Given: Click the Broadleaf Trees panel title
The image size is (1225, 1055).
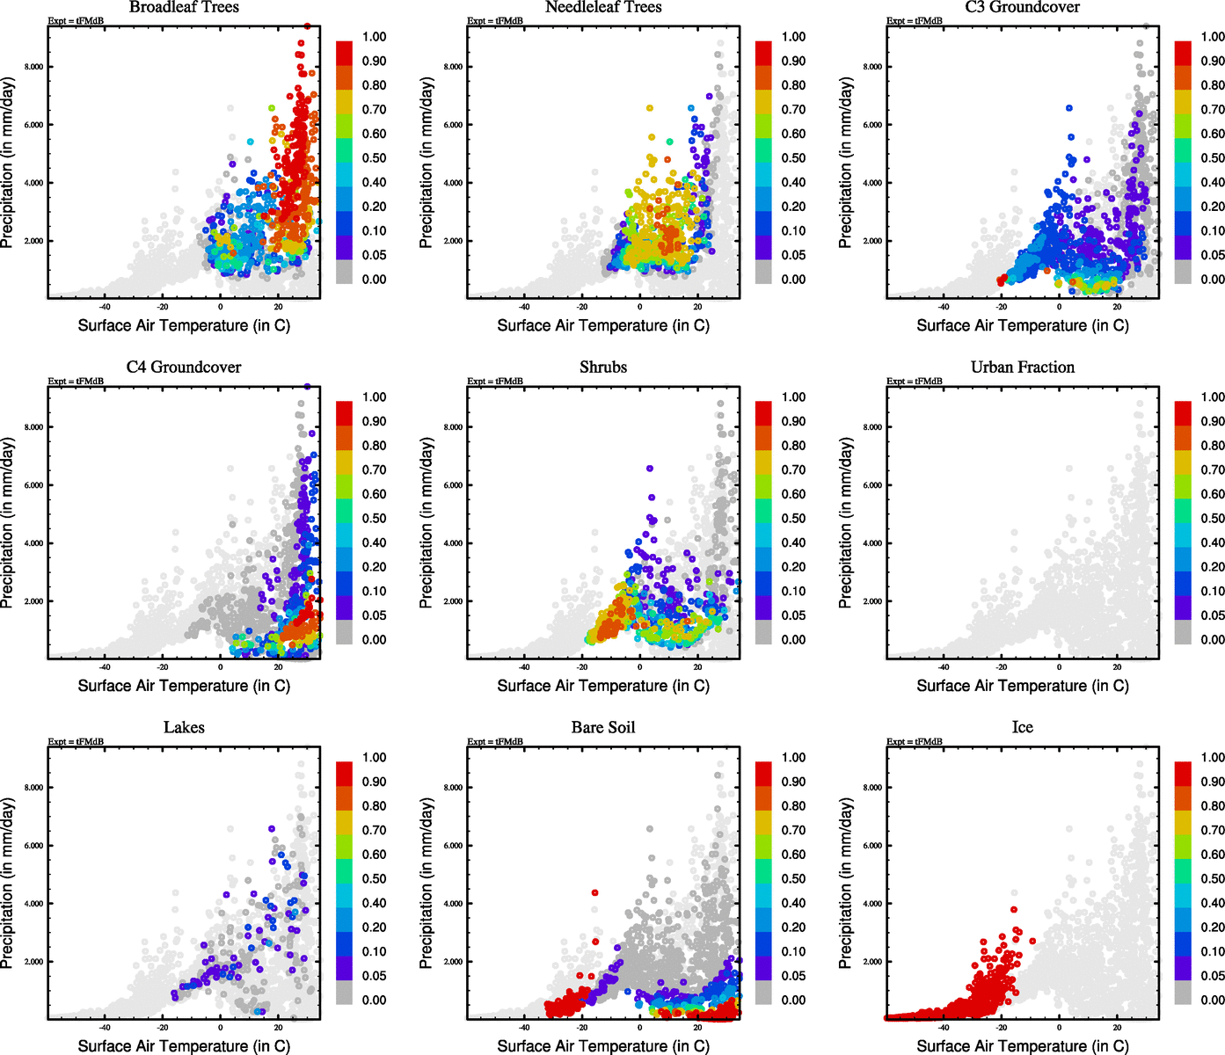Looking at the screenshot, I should click(184, 8).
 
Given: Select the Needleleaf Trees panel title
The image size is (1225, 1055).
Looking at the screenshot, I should click(602, 8).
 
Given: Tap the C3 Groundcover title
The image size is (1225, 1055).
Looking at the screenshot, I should click(1022, 8).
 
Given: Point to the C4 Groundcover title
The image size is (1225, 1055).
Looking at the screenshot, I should click(184, 367).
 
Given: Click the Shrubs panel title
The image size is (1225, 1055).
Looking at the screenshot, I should click(603, 367).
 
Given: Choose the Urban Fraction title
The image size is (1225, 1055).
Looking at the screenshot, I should click(1022, 367).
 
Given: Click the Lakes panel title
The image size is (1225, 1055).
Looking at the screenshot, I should click(184, 728).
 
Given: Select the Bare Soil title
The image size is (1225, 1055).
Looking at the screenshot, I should click(603, 728).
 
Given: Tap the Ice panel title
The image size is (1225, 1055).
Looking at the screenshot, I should click(1022, 728).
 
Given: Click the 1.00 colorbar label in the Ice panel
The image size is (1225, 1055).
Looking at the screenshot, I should click(1213, 758).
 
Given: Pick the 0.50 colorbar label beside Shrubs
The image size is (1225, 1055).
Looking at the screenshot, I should click(793, 519).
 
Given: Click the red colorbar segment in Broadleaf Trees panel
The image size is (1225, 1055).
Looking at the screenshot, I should click(344, 53).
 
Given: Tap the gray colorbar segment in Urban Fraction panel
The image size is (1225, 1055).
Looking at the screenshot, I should click(1183, 630).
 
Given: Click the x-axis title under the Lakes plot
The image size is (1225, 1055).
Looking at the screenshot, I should click(184, 1046).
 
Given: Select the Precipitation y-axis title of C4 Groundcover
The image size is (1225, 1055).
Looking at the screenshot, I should click(8, 523).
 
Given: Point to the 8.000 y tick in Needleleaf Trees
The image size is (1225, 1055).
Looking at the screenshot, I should click(453, 67).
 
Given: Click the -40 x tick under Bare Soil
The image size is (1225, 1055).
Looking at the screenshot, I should click(524, 1027).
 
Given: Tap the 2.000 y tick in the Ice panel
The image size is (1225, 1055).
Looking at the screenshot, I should click(872, 962).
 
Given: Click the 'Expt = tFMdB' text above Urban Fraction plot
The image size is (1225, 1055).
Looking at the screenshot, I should click(915, 382).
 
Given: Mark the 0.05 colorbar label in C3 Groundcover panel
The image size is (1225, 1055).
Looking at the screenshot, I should click(1213, 255).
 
